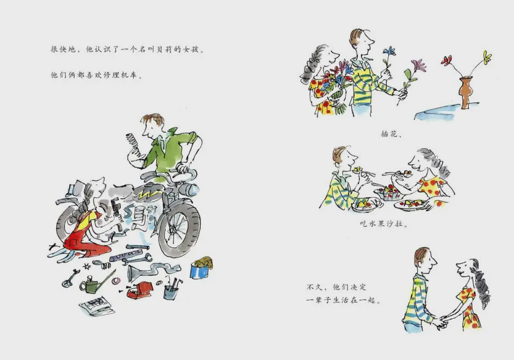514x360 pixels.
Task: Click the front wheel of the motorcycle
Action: pyautogui.click(x=179, y=228)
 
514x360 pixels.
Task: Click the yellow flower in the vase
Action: pyautogui.click(x=487, y=57)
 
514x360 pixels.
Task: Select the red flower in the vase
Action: pyautogui.click(x=447, y=60)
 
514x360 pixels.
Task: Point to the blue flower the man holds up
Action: pyautogui.click(x=389, y=51)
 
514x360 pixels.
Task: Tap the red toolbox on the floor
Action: pyautogui.click(x=140, y=290)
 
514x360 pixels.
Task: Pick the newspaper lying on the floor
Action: pyautogui.click(x=97, y=306)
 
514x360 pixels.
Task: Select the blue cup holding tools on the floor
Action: pyautogui.click(x=171, y=291)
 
